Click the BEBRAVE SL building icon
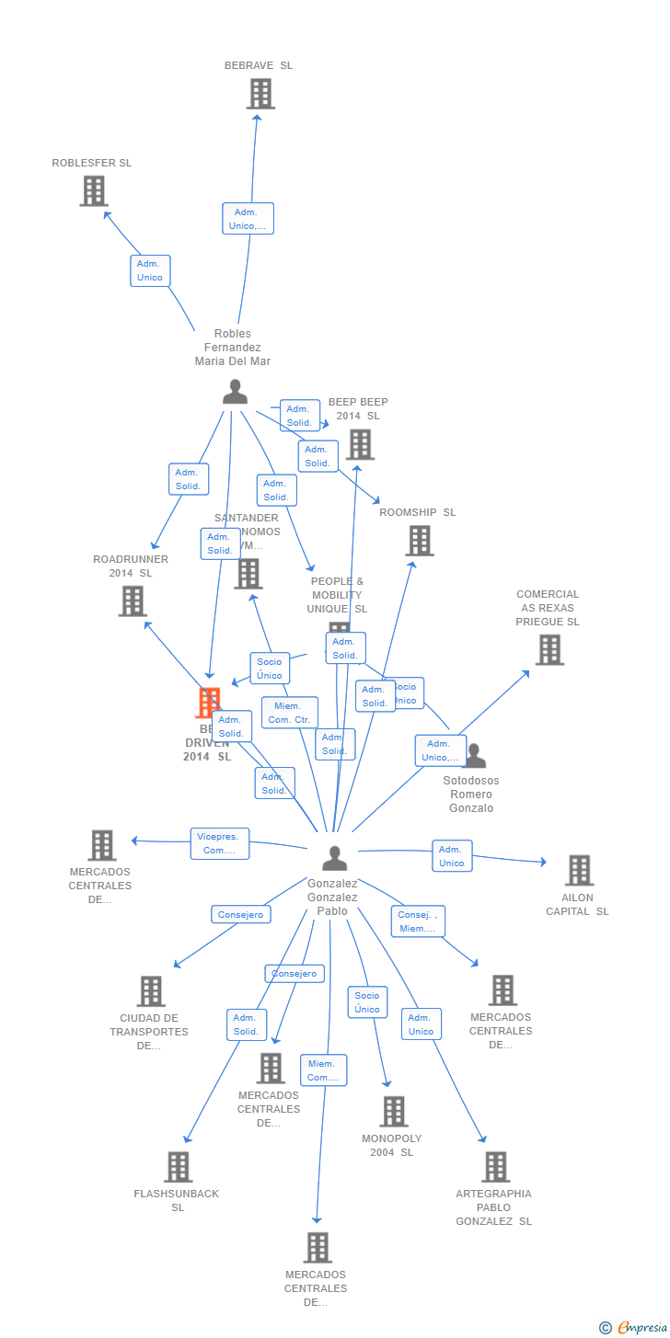coord(260,94)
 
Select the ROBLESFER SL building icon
coord(93,191)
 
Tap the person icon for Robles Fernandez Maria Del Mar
coord(235,392)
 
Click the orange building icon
coord(209,703)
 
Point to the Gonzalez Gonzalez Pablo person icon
coord(334,858)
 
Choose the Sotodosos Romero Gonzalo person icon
coord(474,756)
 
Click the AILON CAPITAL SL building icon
coord(579,870)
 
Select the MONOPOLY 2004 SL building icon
coord(393,1111)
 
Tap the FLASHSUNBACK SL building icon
coord(178,1166)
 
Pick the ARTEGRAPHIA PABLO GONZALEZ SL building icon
coord(495,1166)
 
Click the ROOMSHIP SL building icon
coord(420,541)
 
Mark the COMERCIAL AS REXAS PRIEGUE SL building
coord(549,650)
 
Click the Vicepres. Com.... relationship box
coord(220,843)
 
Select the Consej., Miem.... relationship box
coord(418,921)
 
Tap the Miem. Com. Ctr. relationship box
coord(290,713)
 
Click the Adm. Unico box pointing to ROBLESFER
coord(149,270)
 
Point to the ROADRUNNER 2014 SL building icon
coord(133,601)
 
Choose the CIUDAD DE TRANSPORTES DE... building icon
coord(151,991)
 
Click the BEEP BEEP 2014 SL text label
coord(358,408)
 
